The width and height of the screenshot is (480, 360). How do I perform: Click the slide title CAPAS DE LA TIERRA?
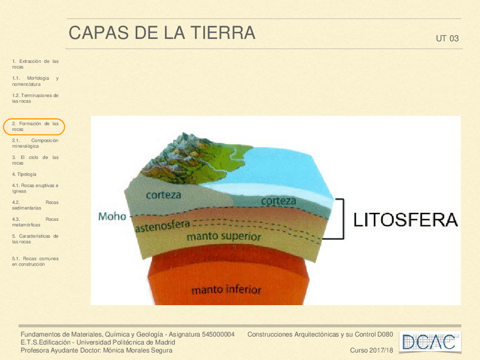point(162,33)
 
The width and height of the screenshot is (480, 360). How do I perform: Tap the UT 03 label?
point(447,39)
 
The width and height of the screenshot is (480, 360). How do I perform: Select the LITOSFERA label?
point(405,220)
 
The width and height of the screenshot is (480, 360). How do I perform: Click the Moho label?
point(112,216)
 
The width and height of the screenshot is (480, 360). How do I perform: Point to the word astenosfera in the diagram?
point(162,226)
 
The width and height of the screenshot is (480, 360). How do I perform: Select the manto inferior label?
point(226,290)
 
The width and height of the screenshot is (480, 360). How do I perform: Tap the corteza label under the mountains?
point(164,195)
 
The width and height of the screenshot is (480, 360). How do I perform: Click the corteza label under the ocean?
point(278,201)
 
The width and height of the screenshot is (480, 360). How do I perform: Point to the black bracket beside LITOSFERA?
point(341,218)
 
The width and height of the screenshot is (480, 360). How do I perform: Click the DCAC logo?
point(430,341)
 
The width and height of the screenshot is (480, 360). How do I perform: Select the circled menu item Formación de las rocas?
point(35,126)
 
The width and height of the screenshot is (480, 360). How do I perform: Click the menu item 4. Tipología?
point(24,174)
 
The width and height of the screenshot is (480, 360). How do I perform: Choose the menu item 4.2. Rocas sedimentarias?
point(35,205)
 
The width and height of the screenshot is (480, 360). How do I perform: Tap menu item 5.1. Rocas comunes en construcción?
point(35,261)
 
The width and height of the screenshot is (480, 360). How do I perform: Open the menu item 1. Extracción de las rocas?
point(35,63)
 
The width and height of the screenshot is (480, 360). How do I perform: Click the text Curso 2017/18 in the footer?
point(371,350)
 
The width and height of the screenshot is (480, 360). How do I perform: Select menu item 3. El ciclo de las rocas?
point(35,160)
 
